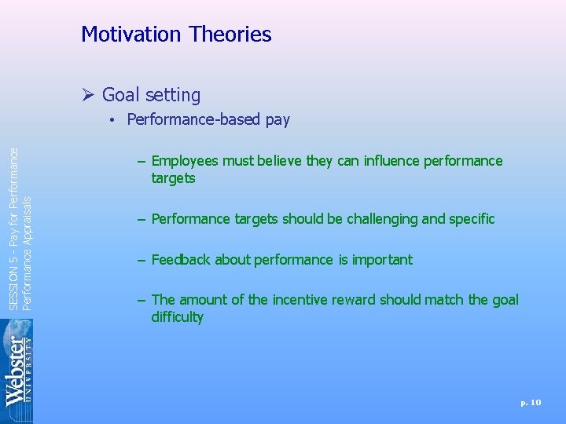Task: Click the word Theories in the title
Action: click(233, 35)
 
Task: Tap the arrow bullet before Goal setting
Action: click(88, 96)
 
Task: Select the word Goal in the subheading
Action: click(120, 96)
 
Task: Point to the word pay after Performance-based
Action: click(277, 120)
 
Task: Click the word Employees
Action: click(185, 161)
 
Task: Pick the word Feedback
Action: click(179, 260)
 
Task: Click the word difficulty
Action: click(177, 317)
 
